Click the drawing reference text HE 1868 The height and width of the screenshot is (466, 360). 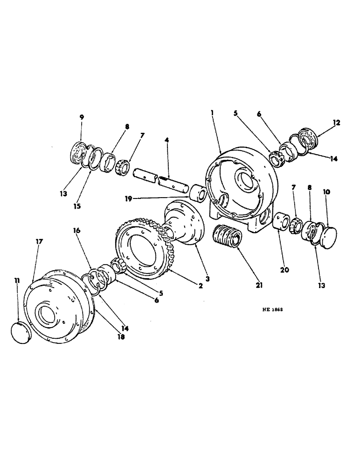[x=275, y=309]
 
